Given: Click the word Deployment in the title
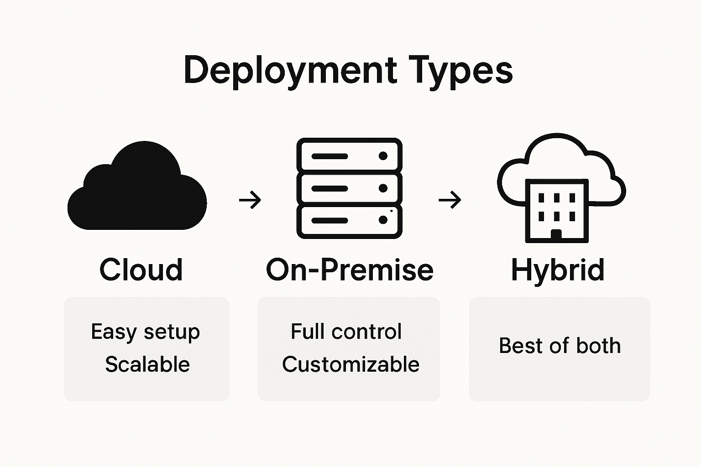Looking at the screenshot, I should click(290, 70).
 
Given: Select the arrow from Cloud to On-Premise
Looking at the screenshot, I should click(250, 200).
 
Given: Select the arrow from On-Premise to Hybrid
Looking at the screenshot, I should click(450, 200).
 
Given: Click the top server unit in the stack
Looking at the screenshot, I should click(349, 156).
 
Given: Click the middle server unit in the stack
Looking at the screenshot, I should click(349, 188).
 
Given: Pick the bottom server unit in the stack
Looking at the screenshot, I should click(349, 221).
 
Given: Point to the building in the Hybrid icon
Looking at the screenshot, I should click(557, 210).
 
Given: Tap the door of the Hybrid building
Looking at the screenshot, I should click(556, 235).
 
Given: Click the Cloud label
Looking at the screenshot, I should click(141, 270).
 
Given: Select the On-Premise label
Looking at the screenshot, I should click(349, 270).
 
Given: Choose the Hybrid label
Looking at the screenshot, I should click(558, 270).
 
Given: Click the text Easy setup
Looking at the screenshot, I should click(145, 332).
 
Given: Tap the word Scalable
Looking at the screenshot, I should click(147, 364).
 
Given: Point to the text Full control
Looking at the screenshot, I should click(346, 332).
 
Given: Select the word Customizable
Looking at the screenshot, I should click(350, 364).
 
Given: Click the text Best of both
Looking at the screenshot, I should click(560, 346).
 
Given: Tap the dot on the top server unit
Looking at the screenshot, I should click(383, 156).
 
